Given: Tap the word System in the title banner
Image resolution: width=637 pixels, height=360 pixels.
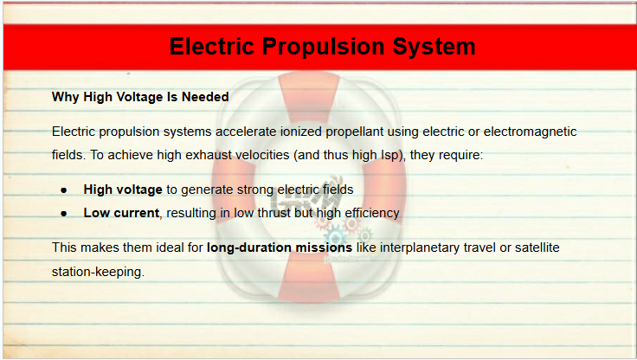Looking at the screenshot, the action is tap(434, 47).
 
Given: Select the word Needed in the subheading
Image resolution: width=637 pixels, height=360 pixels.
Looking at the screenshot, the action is tap(205, 97).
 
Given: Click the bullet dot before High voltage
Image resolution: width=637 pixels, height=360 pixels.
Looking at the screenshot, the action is tap(64, 190).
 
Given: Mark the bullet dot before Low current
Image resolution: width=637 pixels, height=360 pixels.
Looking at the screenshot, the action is tap(64, 214).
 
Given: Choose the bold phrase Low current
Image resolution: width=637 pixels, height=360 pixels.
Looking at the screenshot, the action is tap(121, 213).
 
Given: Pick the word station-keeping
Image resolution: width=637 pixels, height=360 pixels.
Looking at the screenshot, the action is tap(99, 272).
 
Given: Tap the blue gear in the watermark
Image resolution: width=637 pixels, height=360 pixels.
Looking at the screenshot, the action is tap(335, 237).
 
